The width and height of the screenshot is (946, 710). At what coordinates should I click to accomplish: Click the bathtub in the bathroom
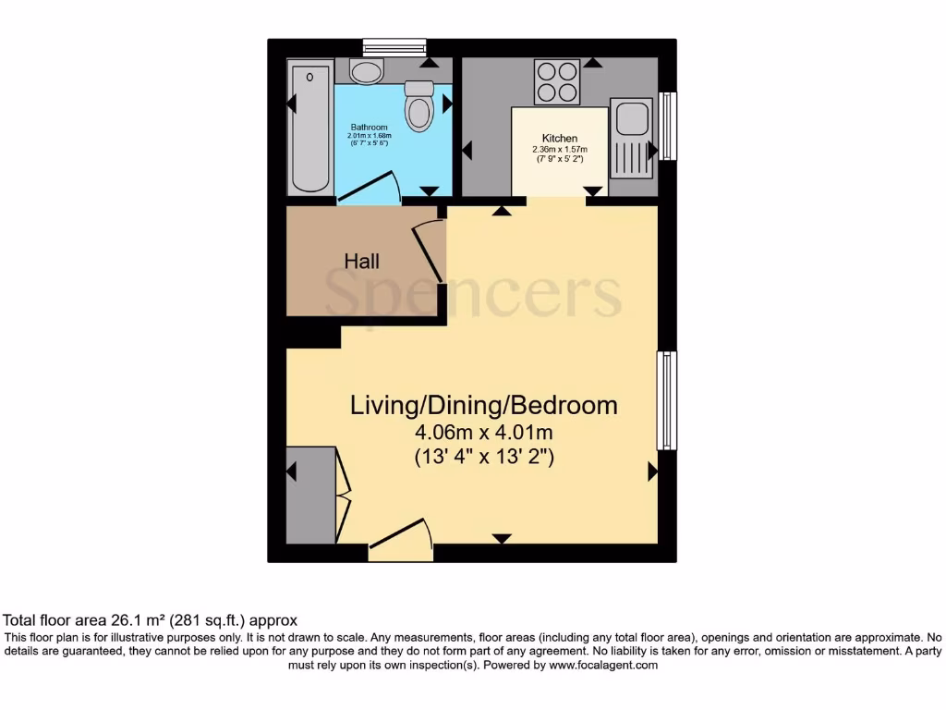(x=309, y=127)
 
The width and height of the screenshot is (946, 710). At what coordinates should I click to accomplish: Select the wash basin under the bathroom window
(x=367, y=71)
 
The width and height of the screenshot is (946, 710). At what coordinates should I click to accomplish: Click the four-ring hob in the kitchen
(x=557, y=81)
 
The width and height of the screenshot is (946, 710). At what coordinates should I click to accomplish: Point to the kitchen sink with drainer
(x=634, y=140)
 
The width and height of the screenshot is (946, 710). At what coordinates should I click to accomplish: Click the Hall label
(x=361, y=262)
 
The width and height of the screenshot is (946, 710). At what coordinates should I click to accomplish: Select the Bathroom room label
(x=369, y=127)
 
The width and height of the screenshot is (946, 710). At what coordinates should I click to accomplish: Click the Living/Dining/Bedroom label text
(x=483, y=405)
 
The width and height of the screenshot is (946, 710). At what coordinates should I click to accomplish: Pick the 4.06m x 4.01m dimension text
(x=483, y=432)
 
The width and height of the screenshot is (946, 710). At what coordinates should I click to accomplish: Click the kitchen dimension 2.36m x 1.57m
(x=560, y=149)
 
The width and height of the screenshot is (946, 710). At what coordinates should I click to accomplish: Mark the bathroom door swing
(x=370, y=188)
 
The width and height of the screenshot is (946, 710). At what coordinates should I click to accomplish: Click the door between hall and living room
(x=430, y=251)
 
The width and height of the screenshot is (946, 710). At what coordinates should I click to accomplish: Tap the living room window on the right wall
(x=666, y=400)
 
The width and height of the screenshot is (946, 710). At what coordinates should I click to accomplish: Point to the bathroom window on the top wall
(x=394, y=46)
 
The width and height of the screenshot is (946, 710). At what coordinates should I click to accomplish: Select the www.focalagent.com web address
(x=602, y=665)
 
